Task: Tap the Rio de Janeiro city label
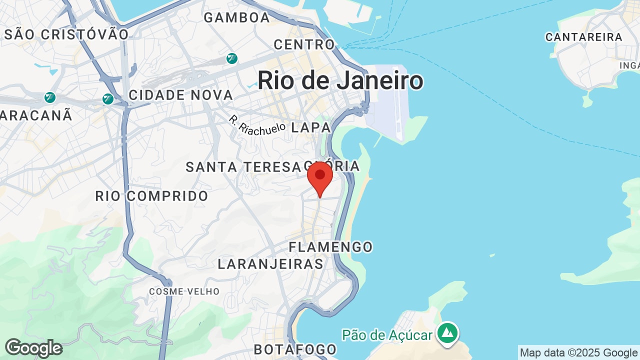340,81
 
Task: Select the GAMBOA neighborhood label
237,17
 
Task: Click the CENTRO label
304,44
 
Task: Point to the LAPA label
311,127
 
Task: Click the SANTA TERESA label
243,167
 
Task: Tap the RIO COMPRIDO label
152,196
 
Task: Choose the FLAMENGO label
331,247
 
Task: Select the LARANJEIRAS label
270,264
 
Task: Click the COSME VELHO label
184,291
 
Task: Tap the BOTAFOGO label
295,349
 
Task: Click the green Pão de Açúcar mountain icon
447,332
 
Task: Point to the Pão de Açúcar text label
386,334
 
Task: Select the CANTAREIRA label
583,37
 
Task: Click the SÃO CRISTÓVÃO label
66,34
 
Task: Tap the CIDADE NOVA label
181,95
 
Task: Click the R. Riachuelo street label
257,125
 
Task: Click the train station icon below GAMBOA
231,58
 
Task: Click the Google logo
33,348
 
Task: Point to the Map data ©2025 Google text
578,353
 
